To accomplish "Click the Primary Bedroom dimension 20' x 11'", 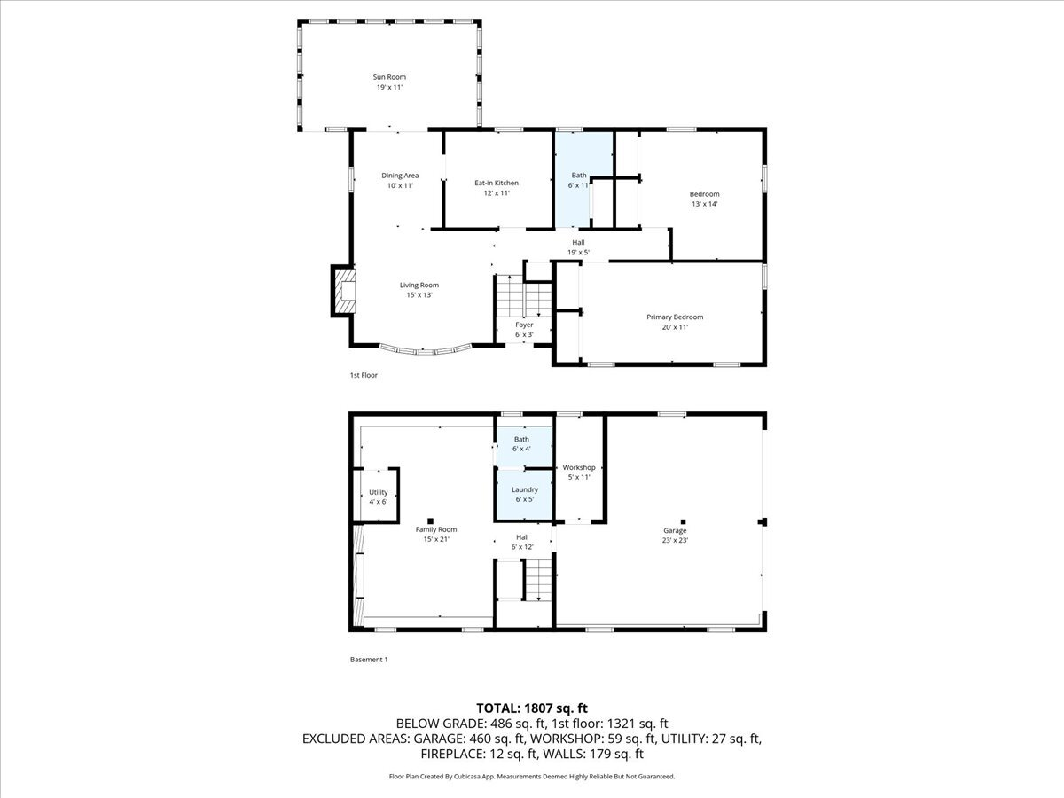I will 674,327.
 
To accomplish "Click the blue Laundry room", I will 523,494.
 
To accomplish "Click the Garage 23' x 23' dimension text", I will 674,540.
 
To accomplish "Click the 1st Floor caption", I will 364,375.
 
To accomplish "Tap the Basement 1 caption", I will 369,660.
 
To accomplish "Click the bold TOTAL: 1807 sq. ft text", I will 532,708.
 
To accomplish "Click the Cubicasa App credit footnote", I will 532,776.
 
